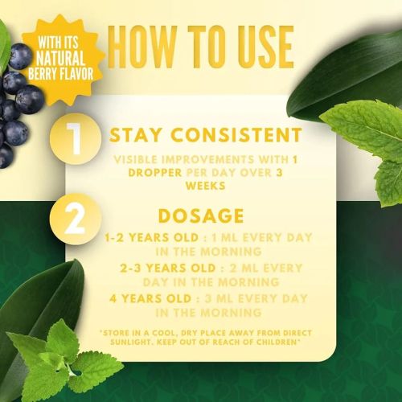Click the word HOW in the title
(x=142, y=47)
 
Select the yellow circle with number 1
(x=76, y=138)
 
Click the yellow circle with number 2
(x=76, y=219)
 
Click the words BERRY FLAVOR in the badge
(x=61, y=73)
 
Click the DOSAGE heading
(x=201, y=215)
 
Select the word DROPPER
(x=155, y=173)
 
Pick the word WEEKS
(x=206, y=186)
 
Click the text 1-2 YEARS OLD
(x=151, y=238)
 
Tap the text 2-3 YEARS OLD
(x=168, y=269)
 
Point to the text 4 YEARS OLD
(x=150, y=299)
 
